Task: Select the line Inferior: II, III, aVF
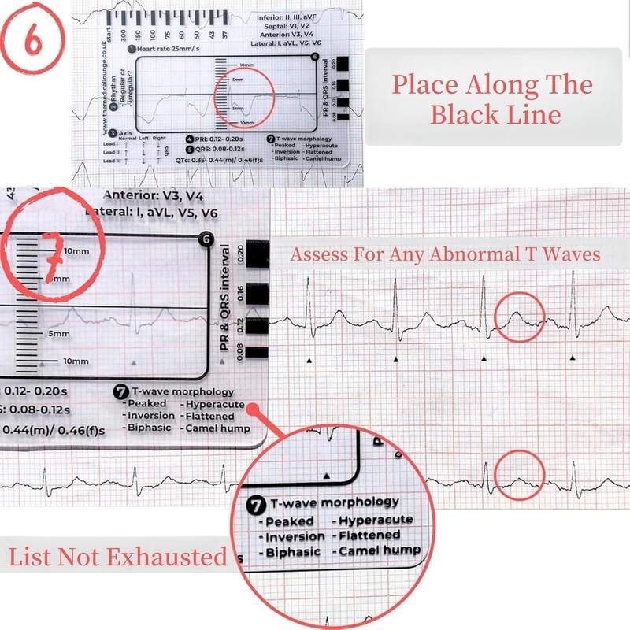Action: click(285, 17)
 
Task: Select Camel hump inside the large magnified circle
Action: click(380, 550)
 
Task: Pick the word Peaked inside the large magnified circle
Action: click(289, 521)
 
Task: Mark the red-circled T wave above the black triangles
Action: click(519, 317)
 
